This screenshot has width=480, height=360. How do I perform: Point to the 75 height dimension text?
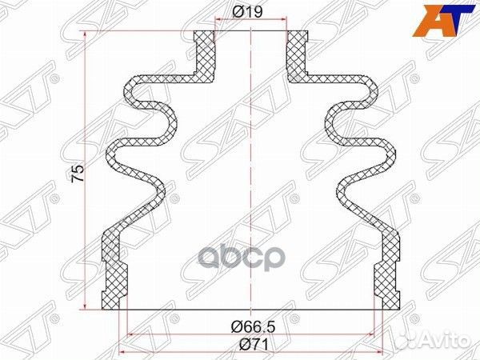pos(78,174)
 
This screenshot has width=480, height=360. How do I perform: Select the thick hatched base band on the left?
pos(115,272)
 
